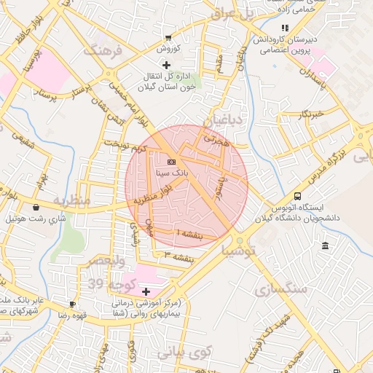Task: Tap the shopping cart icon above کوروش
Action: pyautogui.click(x=169, y=38)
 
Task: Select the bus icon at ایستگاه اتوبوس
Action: pyautogui.click(x=297, y=195)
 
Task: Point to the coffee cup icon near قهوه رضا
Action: pyautogui.click(x=71, y=304)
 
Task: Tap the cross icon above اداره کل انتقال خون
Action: pyautogui.click(x=167, y=66)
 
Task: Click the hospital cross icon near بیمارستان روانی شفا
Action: pyautogui.click(x=146, y=291)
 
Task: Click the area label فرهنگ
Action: pyautogui.click(x=101, y=51)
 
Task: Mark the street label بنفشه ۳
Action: pyautogui.click(x=179, y=256)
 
